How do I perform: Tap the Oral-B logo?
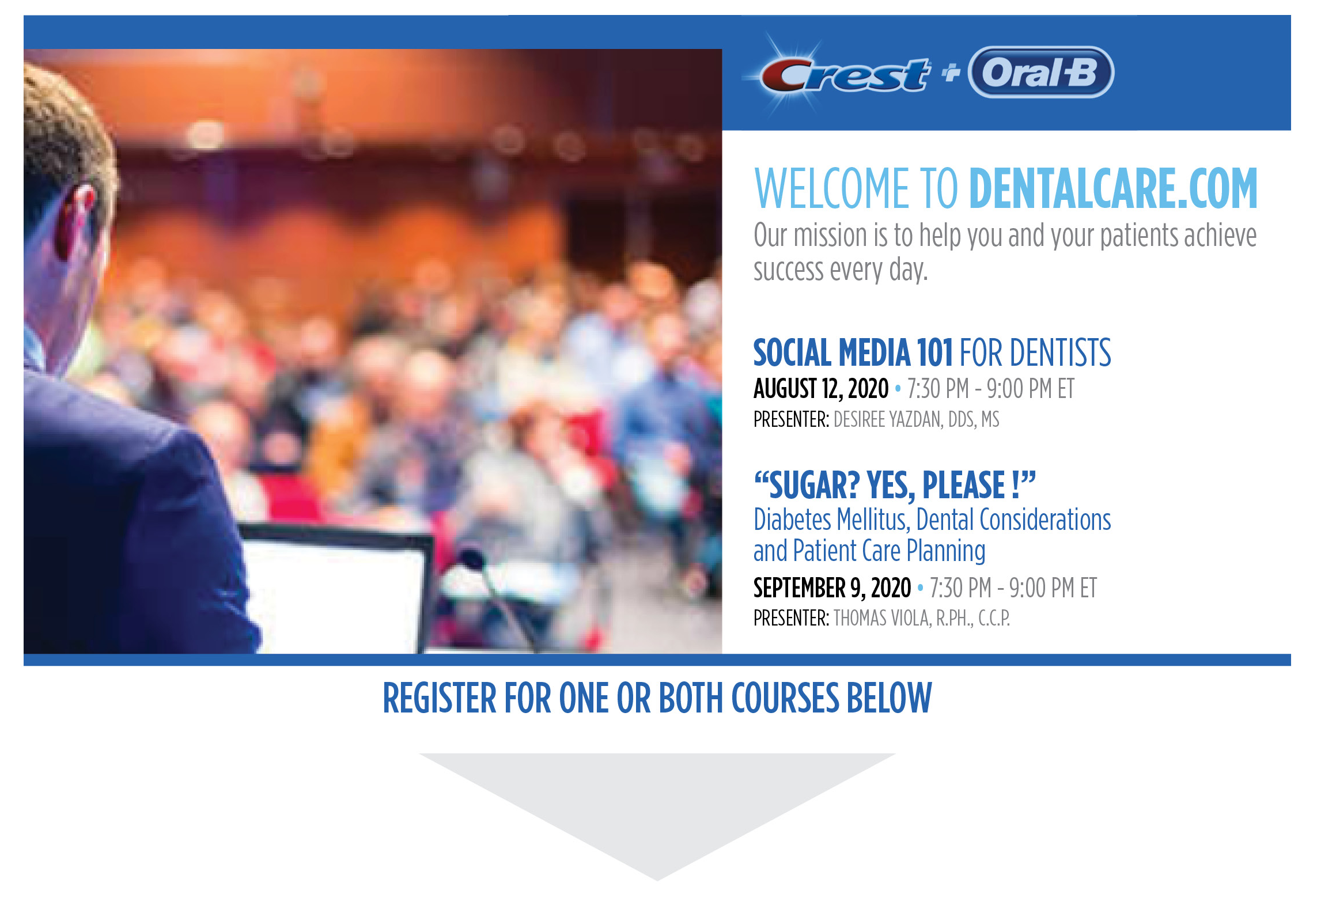point(1041,72)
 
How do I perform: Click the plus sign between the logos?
point(951,73)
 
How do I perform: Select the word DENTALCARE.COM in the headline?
point(1113,188)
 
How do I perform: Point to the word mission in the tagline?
point(830,236)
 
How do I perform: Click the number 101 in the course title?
point(934,353)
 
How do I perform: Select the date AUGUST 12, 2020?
point(821,389)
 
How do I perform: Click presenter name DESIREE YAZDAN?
point(888,420)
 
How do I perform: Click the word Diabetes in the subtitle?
point(793,520)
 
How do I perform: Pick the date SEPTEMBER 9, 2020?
point(832,588)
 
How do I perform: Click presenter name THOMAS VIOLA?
point(881,619)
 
